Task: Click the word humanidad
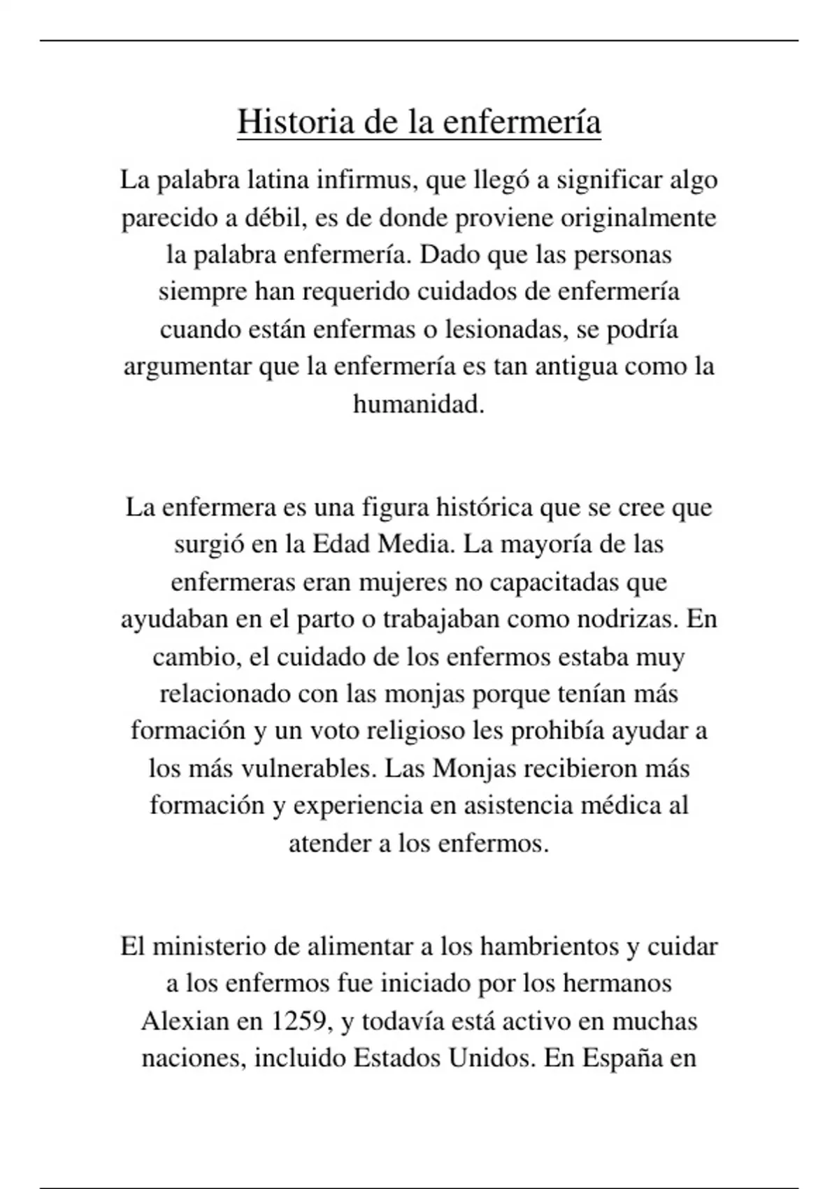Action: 418,404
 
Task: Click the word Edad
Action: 341,544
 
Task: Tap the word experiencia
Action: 358,806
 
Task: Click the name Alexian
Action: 185,1022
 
